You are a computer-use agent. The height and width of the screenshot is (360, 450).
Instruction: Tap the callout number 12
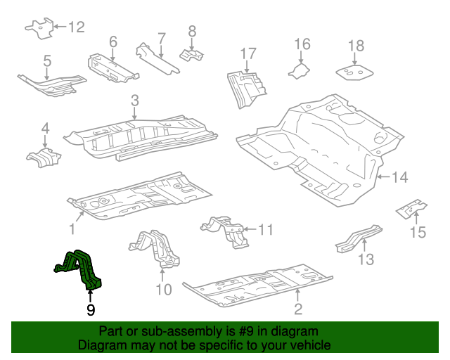[76, 27]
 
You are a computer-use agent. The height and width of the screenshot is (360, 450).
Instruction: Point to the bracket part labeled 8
[192, 53]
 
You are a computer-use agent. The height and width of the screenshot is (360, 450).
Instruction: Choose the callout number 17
[247, 53]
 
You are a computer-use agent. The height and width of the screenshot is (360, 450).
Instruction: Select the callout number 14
[399, 177]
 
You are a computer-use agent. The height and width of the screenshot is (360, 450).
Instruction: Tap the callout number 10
[163, 289]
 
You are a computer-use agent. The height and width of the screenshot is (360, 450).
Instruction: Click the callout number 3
[134, 102]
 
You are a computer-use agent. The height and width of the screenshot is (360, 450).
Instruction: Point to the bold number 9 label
[90, 309]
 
